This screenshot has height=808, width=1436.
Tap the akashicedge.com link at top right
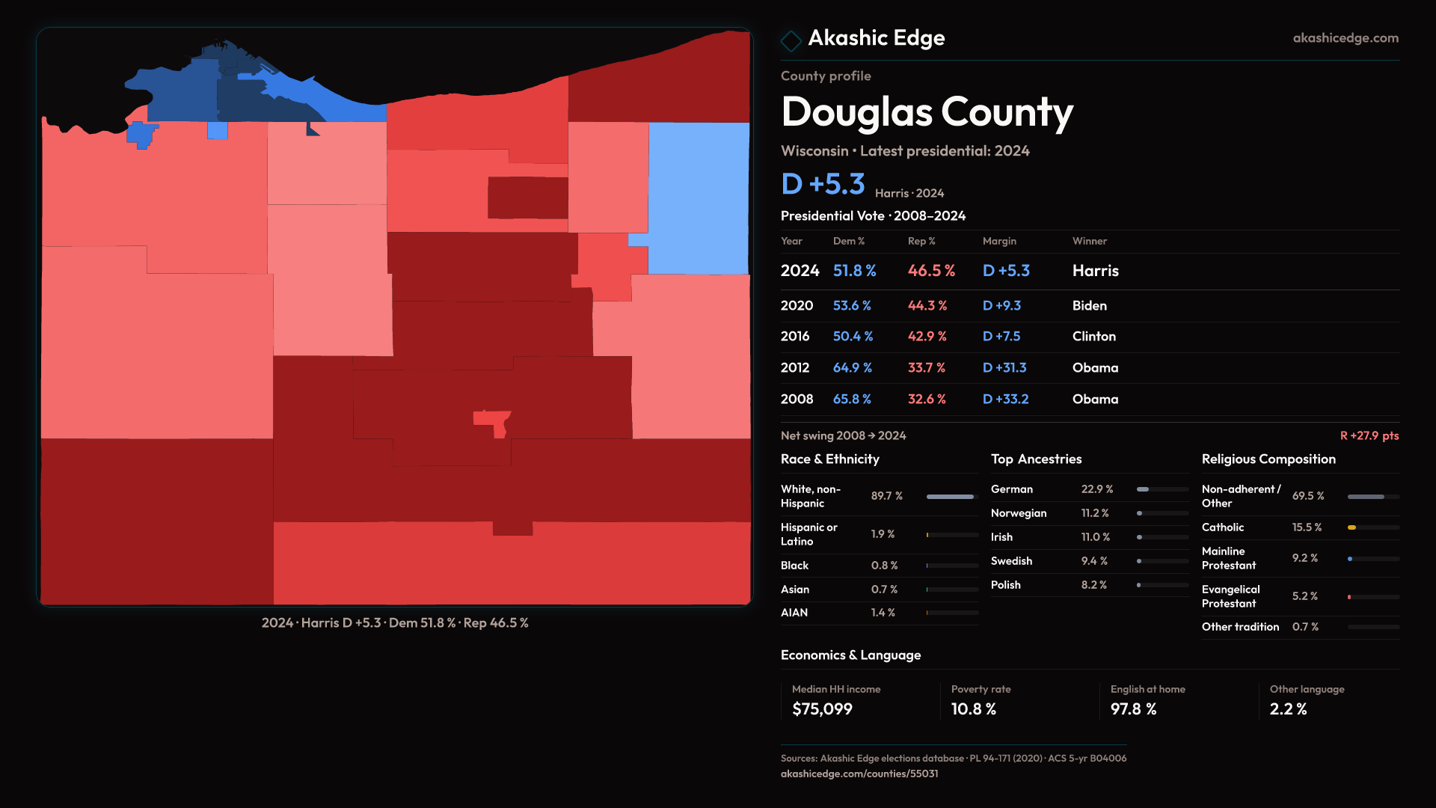(x=1345, y=38)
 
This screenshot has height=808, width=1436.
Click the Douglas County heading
(x=927, y=112)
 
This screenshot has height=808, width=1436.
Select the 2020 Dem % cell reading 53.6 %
(x=852, y=306)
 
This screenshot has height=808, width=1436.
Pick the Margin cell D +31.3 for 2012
(x=1004, y=368)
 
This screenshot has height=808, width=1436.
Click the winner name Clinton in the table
(x=1093, y=337)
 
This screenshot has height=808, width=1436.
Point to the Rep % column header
(x=921, y=241)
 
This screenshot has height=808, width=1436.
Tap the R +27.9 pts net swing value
(x=1369, y=435)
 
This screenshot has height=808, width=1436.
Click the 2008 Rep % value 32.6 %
(x=927, y=400)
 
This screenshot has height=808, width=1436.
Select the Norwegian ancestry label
(x=1018, y=513)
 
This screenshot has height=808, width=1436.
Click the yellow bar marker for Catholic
(x=1351, y=527)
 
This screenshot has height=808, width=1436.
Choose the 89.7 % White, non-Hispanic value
(x=886, y=496)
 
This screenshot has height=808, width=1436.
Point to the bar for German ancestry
(x=1143, y=489)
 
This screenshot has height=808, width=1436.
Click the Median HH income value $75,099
(x=822, y=709)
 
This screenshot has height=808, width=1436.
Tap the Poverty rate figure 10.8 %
(x=973, y=709)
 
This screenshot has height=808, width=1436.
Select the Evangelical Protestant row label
(x=1230, y=596)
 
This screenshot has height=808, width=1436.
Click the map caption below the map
(x=395, y=622)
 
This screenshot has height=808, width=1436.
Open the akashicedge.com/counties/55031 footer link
(x=859, y=774)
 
